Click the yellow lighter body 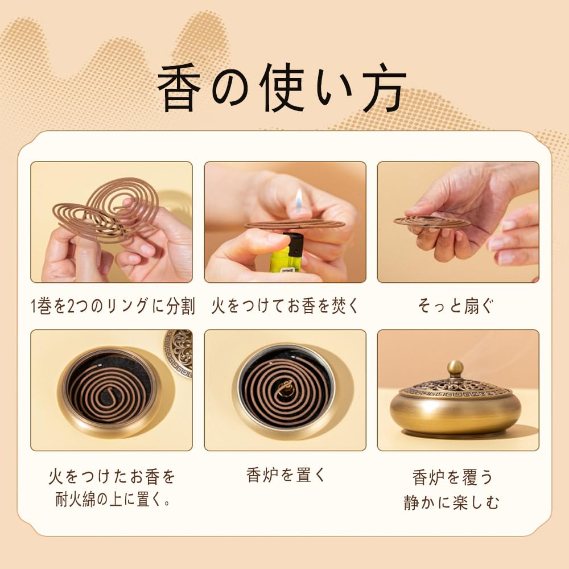click(286, 255)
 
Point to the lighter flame click(298, 199)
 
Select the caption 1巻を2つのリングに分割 click(112, 306)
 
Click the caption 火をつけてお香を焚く click(285, 306)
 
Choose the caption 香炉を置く click(286, 475)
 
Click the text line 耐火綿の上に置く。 click(112, 501)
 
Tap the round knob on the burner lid click(455, 368)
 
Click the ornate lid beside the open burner click(179, 353)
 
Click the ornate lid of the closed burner click(455, 388)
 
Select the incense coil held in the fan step click(431, 221)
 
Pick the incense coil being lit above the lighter click(295, 224)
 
